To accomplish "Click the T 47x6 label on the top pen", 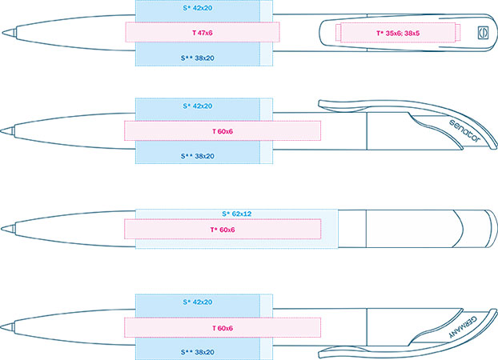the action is click(203, 33).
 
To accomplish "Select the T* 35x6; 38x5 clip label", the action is click(398, 33).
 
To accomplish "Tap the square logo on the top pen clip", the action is click(483, 33).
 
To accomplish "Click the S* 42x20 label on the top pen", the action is click(198, 8).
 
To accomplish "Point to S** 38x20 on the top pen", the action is click(198, 58).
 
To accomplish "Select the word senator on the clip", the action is click(464, 130).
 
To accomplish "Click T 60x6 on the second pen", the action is click(223, 131).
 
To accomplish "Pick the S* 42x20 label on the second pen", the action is click(198, 106).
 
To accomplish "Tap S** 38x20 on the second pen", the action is click(198, 156).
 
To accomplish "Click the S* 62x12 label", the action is click(237, 214).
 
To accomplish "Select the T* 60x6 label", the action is click(223, 230).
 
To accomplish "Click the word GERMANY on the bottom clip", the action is click(463, 327).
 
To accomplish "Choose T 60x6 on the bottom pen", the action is click(223, 328).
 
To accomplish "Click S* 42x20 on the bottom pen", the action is click(198, 302).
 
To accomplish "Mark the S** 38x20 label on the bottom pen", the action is click(198, 352).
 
